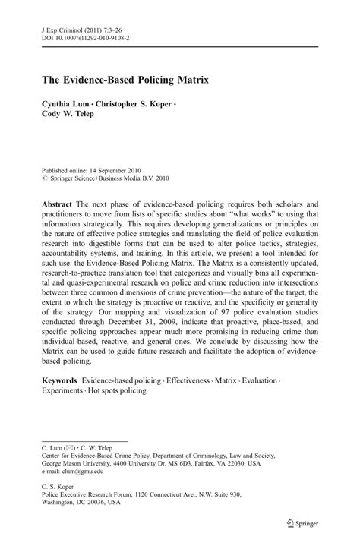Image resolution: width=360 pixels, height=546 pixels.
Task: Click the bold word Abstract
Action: pos(58,205)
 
